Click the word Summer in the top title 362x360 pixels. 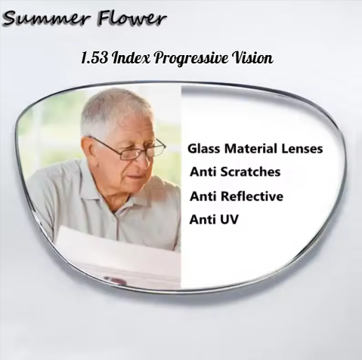42,18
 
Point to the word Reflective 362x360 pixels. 252,196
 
